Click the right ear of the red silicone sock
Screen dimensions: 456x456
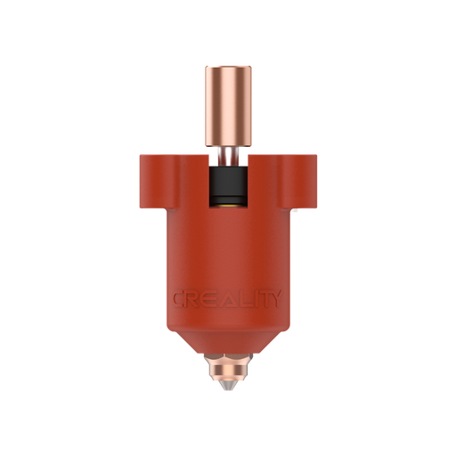point(307,179)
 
